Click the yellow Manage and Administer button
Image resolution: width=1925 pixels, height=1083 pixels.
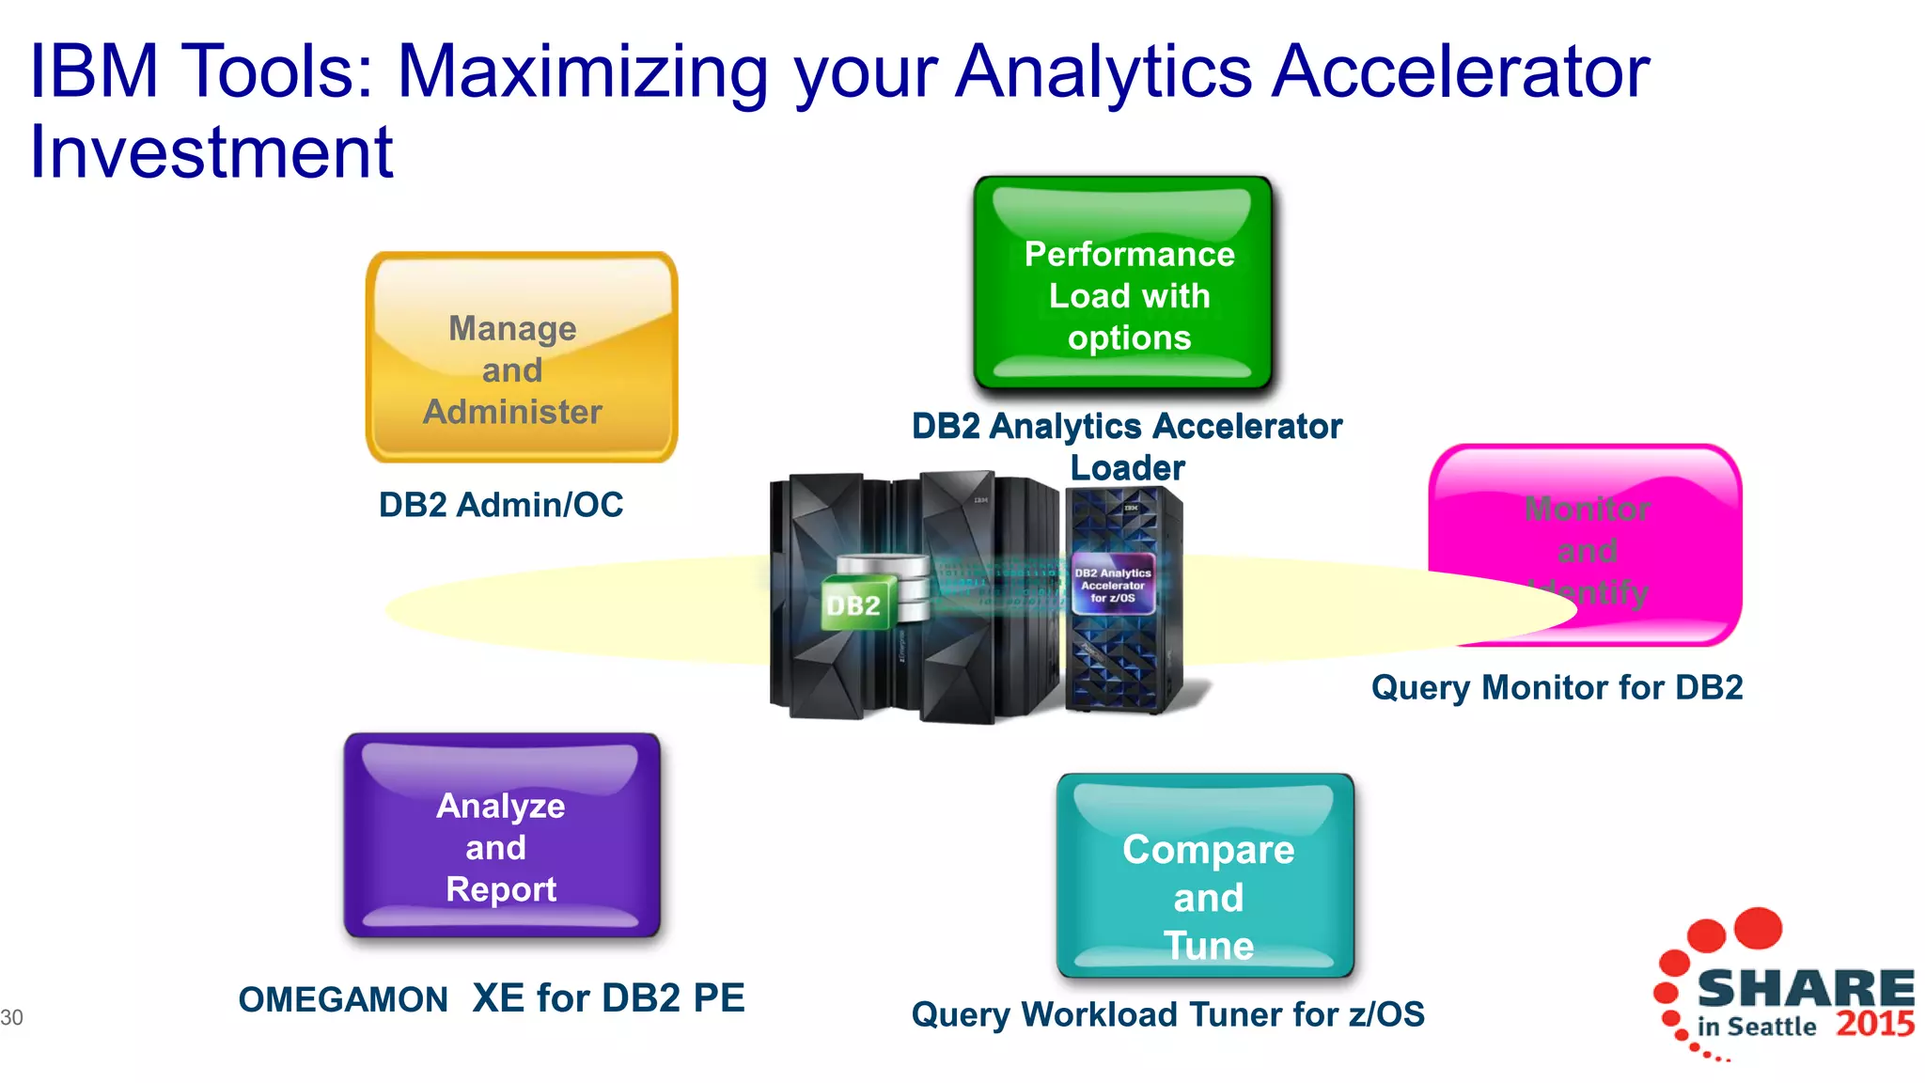click(x=522, y=357)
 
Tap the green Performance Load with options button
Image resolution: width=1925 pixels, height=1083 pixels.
click(x=1123, y=283)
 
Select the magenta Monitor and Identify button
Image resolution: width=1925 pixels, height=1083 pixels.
click(x=1585, y=526)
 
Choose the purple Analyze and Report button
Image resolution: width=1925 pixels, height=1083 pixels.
click(x=502, y=835)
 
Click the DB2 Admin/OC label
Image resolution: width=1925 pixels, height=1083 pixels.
click(x=501, y=506)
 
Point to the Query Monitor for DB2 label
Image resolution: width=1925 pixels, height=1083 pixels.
click(x=1557, y=687)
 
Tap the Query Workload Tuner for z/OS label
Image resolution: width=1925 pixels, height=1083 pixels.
click(x=1167, y=1014)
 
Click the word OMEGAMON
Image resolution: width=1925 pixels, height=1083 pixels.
click(x=343, y=999)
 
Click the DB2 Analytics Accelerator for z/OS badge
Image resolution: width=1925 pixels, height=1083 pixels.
click(x=1113, y=585)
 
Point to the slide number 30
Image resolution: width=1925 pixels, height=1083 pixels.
click(x=12, y=1017)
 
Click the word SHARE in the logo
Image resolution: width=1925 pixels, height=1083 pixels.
click(x=1805, y=989)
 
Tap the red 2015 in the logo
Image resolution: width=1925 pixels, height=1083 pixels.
click(x=1875, y=1024)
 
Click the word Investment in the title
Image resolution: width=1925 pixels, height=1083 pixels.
click(x=211, y=152)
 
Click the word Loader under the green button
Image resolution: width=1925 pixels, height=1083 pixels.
click(x=1127, y=468)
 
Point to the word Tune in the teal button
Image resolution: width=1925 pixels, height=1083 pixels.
click(x=1209, y=946)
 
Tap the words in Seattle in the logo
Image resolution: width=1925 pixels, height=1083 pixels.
click(x=1756, y=1027)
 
